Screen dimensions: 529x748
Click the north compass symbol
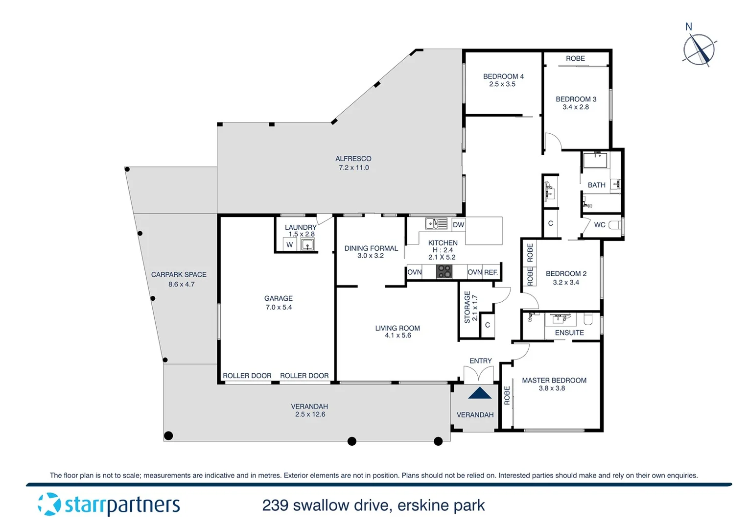699,49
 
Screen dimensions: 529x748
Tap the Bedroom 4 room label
503,76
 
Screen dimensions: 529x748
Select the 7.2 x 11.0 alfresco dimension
353,168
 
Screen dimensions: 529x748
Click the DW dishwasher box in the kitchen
458,225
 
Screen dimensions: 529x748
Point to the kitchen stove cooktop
444,272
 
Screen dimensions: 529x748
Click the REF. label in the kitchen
491,272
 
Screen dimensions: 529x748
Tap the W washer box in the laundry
290,244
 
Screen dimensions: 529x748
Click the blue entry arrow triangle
480,393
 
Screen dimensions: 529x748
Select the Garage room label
278,298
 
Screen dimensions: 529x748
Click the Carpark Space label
179,275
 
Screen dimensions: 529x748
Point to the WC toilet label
600,225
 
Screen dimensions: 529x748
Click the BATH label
596,185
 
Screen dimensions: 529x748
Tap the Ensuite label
569,333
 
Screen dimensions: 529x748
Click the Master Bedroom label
554,380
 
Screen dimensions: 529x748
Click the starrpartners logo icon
49,504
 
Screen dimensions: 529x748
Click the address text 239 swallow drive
374,505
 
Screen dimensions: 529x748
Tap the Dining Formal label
371,248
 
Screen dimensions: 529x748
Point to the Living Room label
397,328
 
